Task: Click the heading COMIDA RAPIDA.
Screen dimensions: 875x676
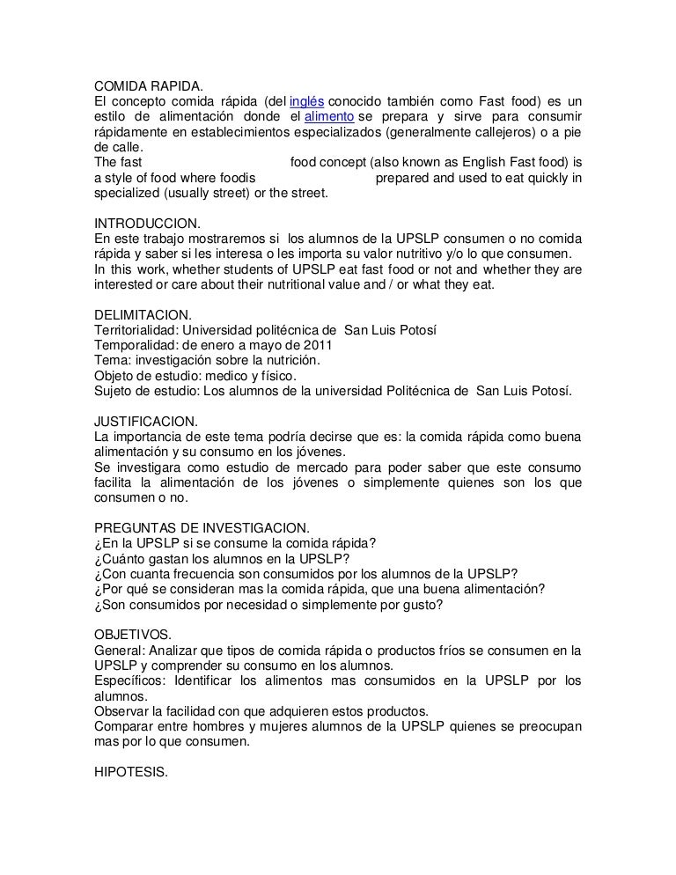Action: [x=149, y=87]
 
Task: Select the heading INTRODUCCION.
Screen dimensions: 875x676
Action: [x=148, y=224]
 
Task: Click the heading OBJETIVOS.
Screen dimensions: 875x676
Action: [x=131, y=634]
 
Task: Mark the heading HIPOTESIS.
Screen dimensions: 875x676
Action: [x=130, y=770]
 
